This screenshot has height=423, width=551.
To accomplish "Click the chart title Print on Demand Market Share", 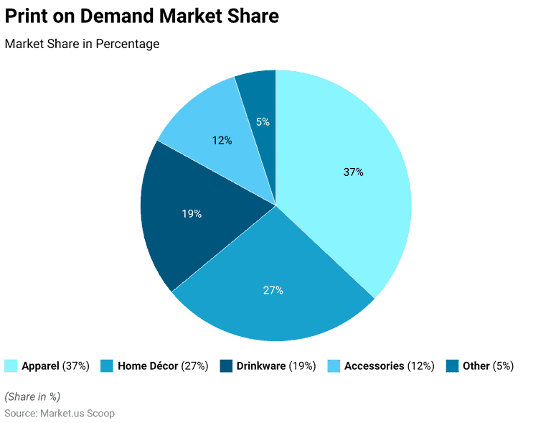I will [142, 17].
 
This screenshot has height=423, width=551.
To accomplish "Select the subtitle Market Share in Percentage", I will [82, 44].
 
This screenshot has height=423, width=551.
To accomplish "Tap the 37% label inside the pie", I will [353, 172].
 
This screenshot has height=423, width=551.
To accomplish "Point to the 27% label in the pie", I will [273, 290].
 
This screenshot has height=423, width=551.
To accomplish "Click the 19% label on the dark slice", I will [192, 214].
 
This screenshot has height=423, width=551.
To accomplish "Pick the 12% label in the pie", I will [222, 141].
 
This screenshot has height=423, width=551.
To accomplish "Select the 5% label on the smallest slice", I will [263, 122].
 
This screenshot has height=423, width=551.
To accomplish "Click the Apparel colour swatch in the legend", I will [11, 366].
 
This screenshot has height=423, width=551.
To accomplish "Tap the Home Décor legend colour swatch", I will [106, 366].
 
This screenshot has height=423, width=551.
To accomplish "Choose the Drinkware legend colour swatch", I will [226, 366].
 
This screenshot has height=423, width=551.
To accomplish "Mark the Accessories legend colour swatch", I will [334, 366].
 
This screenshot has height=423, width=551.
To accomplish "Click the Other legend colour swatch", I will [452, 366].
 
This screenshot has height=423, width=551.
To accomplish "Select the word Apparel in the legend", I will [41, 366].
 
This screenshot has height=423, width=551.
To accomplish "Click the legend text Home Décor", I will [148, 366].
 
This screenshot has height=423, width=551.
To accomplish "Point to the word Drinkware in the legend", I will [261, 366].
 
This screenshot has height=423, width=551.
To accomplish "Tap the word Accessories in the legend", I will [375, 366].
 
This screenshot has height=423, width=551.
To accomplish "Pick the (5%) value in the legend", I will [504, 366].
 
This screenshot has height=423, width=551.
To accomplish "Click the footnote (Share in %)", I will [32, 396].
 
